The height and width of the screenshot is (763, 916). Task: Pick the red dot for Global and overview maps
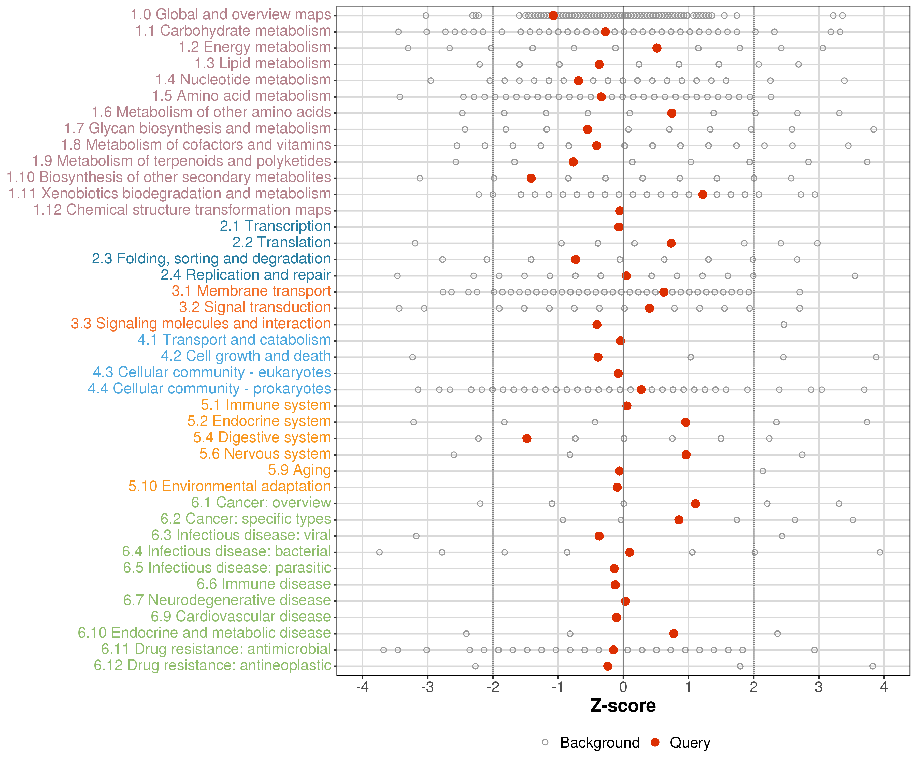[553, 16]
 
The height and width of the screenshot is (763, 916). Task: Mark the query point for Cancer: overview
[695, 504]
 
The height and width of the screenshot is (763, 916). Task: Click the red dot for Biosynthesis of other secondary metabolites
[531, 178]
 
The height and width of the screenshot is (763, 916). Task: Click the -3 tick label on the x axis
[427, 687]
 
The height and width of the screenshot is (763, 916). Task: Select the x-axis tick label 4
[884, 687]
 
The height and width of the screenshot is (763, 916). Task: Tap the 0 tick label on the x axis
[623, 687]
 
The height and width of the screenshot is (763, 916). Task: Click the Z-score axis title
[623, 706]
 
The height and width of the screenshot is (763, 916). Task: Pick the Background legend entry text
[600, 742]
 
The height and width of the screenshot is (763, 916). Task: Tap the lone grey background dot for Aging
[763, 471]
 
